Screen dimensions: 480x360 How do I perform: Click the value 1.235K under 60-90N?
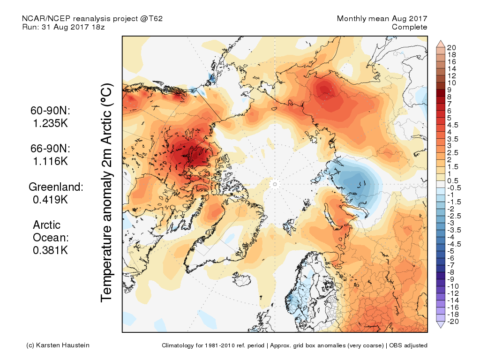click(50, 123)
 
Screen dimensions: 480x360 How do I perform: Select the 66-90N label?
click(50, 149)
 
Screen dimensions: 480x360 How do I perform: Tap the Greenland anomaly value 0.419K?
click(50, 200)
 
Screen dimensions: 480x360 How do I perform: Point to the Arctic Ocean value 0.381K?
click(50, 250)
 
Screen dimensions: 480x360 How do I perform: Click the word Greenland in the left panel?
click(55, 187)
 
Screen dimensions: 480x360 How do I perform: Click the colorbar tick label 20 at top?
click(451, 48)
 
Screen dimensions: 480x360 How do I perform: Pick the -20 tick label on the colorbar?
click(453, 322)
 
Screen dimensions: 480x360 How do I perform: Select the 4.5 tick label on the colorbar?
click(453, 125)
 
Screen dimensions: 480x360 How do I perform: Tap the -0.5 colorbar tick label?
click(454, 188)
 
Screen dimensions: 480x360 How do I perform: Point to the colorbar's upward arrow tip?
click(441, 40)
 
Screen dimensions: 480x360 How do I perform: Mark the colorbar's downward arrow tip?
click(441, 328)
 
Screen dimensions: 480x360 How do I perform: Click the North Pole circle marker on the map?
click(275, 184)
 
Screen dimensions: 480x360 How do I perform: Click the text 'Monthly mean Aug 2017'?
click(382, 19)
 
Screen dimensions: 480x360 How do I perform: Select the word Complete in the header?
click(409, 27)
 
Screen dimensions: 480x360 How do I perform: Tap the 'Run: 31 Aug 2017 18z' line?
click(63, 27)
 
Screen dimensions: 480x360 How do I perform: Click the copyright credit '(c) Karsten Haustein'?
click(58, 345)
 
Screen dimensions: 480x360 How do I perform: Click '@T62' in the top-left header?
click(151, 19)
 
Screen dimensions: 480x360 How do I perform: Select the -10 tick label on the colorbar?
click(453, 286)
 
